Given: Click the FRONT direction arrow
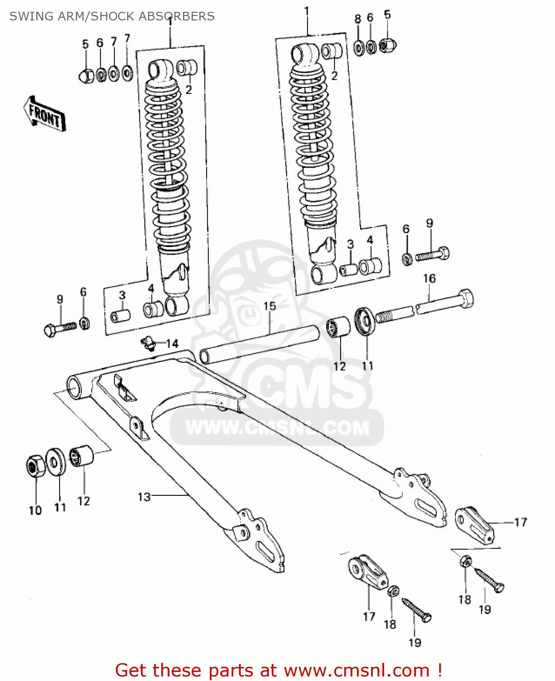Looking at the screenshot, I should coord(45,113).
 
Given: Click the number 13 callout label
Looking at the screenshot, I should coord(144,497).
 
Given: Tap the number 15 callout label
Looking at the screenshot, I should coord(270,306).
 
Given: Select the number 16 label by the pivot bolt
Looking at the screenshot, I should coord(429,278).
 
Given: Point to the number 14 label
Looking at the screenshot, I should coord(172,344).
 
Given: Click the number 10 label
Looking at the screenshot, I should coord(35,510).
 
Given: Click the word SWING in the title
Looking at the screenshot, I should coord(25,16).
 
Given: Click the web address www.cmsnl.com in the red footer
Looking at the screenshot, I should coord(357,670).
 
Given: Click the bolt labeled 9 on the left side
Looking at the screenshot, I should coord(60,327).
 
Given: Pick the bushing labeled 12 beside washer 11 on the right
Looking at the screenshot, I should coord(339,328).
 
